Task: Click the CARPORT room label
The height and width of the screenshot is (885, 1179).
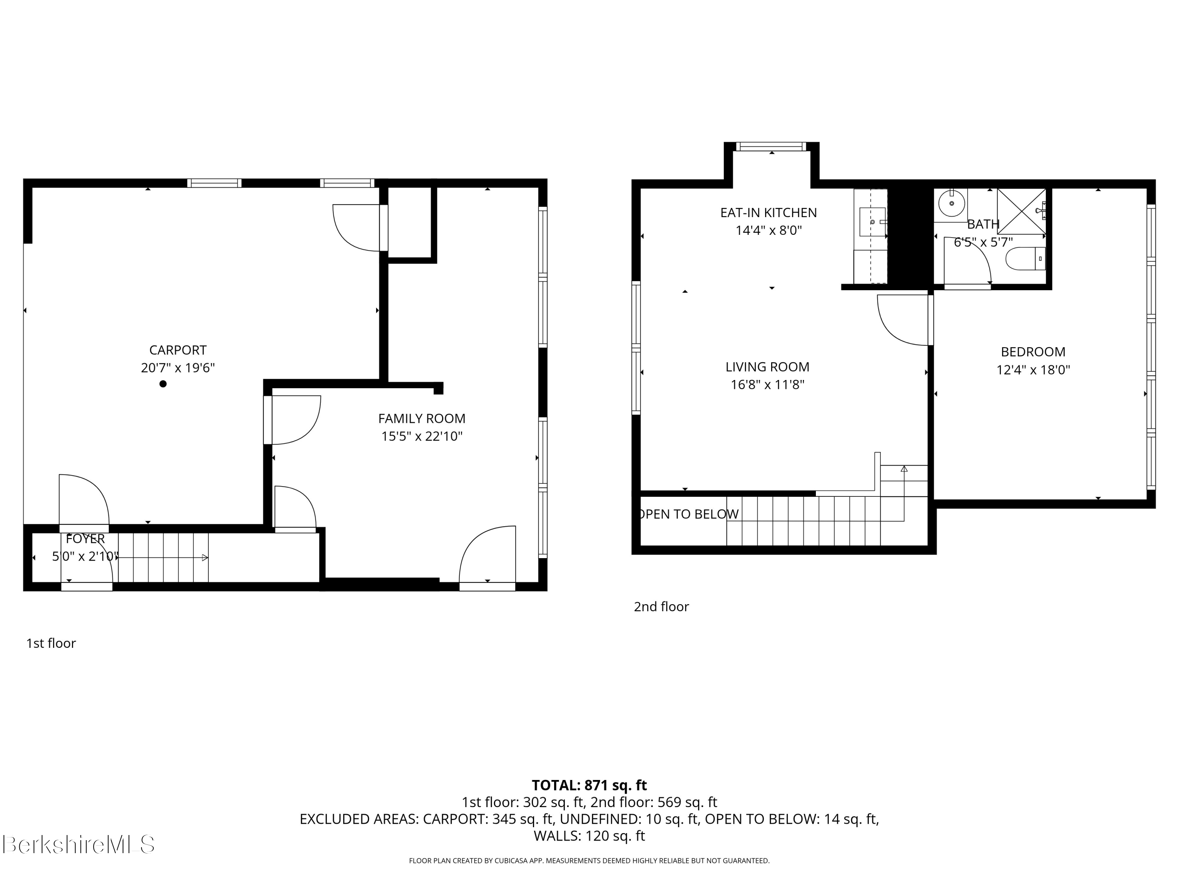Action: click(178, 350)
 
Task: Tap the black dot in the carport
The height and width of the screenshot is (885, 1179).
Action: click(163, 383)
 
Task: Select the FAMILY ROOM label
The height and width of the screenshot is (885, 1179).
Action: click(422, 418)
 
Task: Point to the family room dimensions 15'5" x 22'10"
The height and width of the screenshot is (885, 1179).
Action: click(422, 436)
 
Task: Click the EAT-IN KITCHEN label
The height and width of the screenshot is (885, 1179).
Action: click(768, 212)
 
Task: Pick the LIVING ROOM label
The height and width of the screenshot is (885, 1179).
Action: click(767, 367)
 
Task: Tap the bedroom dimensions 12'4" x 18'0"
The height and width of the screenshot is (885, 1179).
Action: click(1033, 370)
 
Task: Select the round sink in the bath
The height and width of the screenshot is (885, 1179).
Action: click(951, 204)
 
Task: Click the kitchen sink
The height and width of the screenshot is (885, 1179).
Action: click(872, 222)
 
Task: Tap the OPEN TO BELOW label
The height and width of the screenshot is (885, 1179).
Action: click(688, 514)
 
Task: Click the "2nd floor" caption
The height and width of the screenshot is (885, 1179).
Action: click(661, 607)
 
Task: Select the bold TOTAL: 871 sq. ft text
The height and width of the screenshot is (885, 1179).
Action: click(589, 785)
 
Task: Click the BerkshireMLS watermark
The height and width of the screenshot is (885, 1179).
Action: click(78, 844)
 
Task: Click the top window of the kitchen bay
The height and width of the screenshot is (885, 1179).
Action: click(771, 146)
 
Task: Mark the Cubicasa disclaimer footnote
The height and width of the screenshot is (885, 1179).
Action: click(589, 861)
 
